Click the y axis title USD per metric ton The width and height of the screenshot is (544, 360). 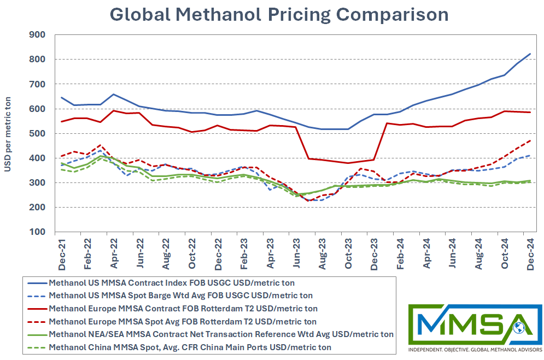(8, 133)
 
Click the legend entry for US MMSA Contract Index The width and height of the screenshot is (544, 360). (171, 283)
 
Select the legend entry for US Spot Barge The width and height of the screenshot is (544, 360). (180, 296)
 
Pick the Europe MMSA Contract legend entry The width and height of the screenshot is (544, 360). (183, 309)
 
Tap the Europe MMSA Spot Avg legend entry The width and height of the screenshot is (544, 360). (183, 321)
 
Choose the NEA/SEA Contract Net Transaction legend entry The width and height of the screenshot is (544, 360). (221, 334)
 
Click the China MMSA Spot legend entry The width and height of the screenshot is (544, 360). (190, 347)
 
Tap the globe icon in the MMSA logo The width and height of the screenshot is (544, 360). (519, 328)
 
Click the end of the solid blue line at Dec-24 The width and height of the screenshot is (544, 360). (530, 54)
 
